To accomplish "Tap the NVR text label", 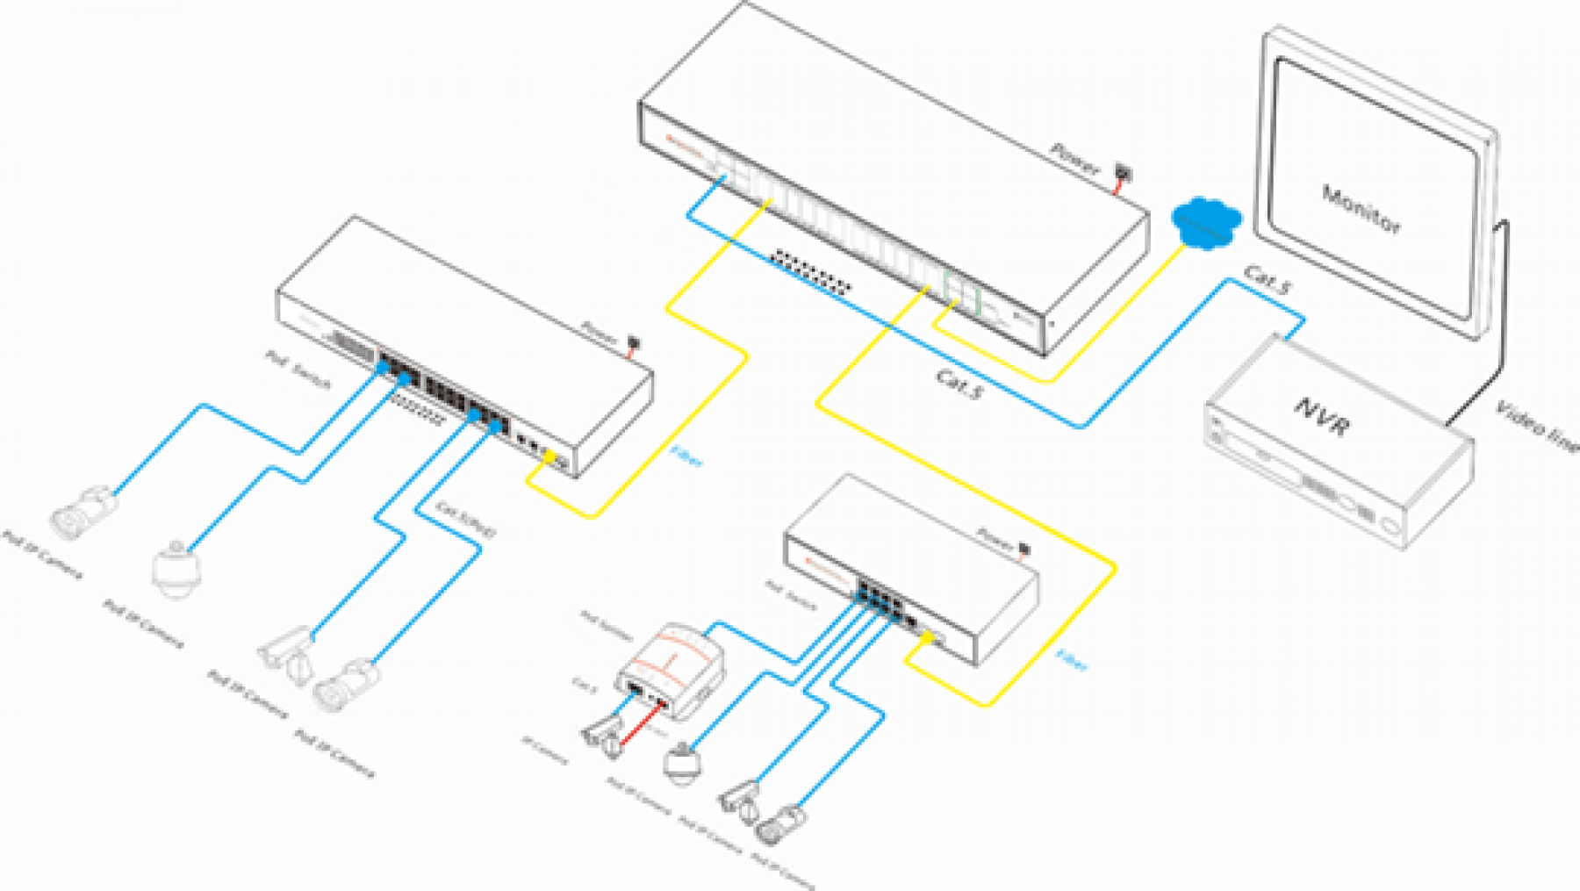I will click(x=1322, y=417).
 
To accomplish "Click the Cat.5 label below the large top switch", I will click(x=959, y=384).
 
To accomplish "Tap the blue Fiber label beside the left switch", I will click(x=686, y=456).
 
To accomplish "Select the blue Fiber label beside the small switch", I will click(x=1072, y=659).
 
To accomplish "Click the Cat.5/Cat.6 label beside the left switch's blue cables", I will click(x=466, y=519).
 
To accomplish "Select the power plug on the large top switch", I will click(x=1123, y=172).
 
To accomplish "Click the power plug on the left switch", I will click(x=633, y=341).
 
